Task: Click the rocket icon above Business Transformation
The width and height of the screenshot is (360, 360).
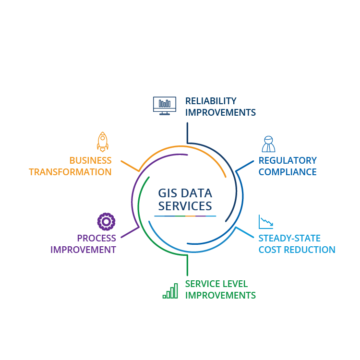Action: [102, 142]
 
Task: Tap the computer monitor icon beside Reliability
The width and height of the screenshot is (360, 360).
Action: [164, 105]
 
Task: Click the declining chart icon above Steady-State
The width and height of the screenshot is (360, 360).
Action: [265, 221]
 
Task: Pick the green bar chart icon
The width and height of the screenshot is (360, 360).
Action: [170, 291]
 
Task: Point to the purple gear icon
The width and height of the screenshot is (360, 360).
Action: [106, 221]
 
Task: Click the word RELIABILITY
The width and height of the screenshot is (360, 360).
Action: [210, 101]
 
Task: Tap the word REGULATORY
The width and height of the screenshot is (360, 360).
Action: [288, 160]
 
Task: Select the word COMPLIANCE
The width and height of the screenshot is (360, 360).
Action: [287, 172]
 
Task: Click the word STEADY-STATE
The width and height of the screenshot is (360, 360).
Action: [289, 238]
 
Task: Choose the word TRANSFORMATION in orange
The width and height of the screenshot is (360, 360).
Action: [70, 172]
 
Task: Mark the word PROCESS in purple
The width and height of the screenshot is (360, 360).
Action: [96, 238]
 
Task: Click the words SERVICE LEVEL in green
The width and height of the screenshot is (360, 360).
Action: [216, 284]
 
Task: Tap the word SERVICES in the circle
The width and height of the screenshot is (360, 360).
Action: [185, 206]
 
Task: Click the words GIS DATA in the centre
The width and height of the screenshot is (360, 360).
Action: [185, 193]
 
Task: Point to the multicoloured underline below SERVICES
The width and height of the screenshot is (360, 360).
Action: [185, 216]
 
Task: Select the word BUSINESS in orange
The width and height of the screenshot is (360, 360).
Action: [90, 160]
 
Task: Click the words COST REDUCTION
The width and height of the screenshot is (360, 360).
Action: [297, 250]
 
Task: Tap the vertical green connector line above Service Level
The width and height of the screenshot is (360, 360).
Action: [187, 265]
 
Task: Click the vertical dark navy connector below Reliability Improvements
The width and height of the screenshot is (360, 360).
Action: [187, 132]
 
